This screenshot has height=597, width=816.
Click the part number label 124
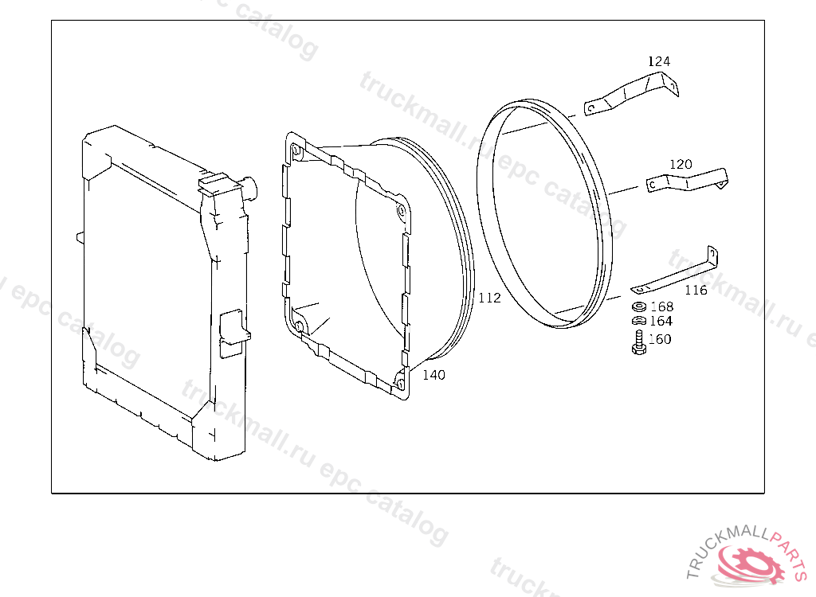click(659, 61)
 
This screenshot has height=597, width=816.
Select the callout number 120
click(681, 164)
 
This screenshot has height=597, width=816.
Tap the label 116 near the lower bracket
click(696, 290)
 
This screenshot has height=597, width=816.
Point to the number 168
click(662, 306)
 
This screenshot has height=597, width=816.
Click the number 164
click(661, 321)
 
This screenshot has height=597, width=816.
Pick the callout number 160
click(660, 339)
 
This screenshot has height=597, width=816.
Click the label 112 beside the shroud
click(490, 298)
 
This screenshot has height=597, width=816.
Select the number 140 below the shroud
click(433, 374)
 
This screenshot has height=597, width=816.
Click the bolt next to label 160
click(639, 343)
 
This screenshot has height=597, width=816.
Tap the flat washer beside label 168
click(639, 306)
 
